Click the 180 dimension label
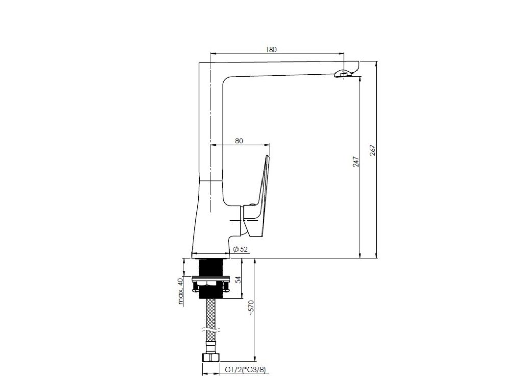click(x=271, y=50)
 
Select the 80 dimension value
click(x=239, y=141)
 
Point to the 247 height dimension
click(x=356, y=162)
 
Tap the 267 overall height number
click(x=372, y=151)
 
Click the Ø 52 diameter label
click(x=241, y=249)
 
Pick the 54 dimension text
click(x=238, y=279)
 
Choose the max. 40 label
click(x=181, y=291)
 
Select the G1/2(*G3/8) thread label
click(x=245, y=370)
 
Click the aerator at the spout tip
click(x=342, y=75)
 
